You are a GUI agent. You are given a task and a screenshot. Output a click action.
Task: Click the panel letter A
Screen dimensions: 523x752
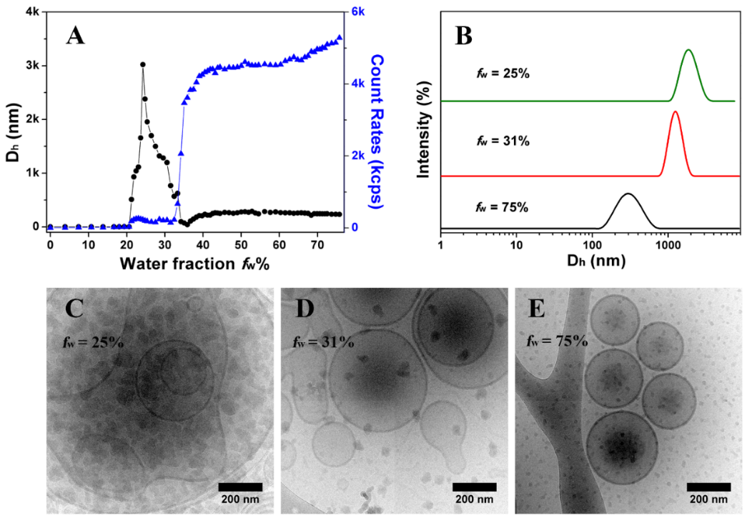pyautogui.click(x=75, y=35)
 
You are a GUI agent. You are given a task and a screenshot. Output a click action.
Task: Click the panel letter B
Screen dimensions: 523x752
pyautogui.click(x=463, y=35)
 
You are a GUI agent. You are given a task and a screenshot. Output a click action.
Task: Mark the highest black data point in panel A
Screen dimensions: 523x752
pyautogui.click(x=143, y=65)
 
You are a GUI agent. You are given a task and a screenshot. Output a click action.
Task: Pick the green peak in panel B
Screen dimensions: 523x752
pyautogui.click(x=688, y=51)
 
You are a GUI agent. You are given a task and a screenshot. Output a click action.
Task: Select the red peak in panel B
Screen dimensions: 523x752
pyautogui.click(x=675, y=112)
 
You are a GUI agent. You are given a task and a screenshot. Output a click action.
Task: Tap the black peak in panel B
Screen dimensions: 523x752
pyautogui.click(x=628, y=194)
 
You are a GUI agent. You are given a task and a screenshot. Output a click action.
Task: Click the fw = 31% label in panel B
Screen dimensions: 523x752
pyautogui.click(x=503, y=141)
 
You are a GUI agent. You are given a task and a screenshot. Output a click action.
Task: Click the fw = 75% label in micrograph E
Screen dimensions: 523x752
pyautogui.click(x=555, y=340)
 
